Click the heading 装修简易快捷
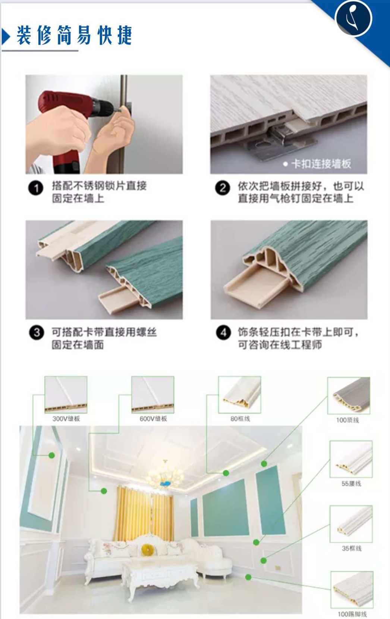click(x=74, y=35)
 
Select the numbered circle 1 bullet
click(x=36, y=188)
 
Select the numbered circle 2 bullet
click(x=222, y=188)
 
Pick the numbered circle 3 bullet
click(x=36, y=332)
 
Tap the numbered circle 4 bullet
click(x=223, y=332)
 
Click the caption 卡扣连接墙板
click(x=321, y=164)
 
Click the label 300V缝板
click(x=66, y=419)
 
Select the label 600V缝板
click(x=153, y=419)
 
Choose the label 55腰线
click(x=351, y=484)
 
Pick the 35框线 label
click(x=351, y=548)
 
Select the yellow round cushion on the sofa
click(x=146, y=549)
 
